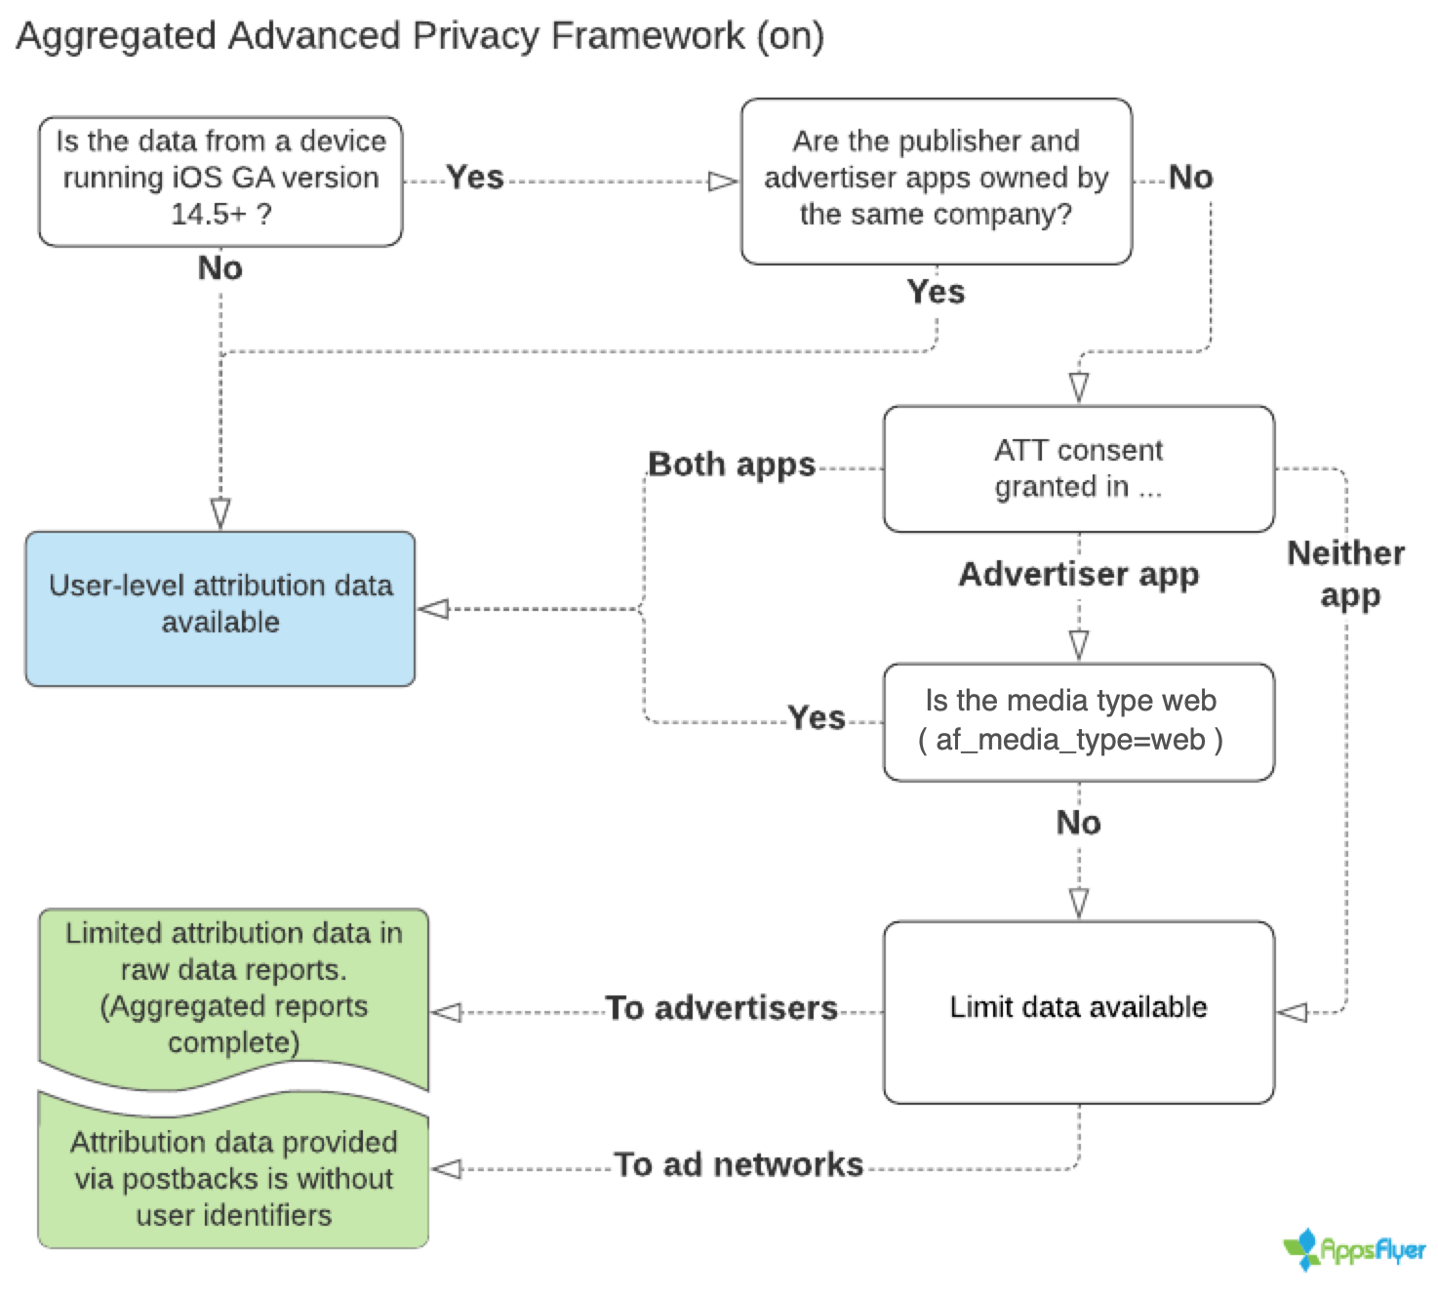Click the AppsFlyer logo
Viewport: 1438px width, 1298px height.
[x=1354, y=1250]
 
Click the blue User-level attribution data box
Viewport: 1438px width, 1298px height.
[x=220, y=608]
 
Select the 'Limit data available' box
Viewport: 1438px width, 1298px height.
[x=1078, y=1011]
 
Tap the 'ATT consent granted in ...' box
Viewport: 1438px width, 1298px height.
[x=1078, y=468]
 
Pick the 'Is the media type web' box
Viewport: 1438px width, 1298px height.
[x=1078, y=721]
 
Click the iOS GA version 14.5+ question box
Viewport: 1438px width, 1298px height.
[x=220, y=181]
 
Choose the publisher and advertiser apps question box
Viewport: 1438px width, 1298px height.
[x=936, y=181]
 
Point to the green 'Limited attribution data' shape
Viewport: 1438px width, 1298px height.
[x=234, y=991]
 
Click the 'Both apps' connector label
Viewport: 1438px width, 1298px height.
[x=732, y=465]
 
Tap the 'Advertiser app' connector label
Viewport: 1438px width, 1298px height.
[x=1078, y=574]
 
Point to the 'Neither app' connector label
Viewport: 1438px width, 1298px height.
[x=1346, y=574]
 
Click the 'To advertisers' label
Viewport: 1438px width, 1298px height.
[x=721, y=1008]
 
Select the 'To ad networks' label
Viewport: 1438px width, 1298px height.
[x=739, y=1164]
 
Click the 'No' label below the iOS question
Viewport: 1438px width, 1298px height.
[x=220, y=268]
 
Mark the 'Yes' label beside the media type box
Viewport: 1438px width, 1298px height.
[x=817, y=718]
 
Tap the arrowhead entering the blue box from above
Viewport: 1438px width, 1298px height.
[x=220, y=513]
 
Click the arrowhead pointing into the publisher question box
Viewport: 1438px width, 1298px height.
[x=723, y=182]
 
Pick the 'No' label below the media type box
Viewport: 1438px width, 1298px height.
[x=1078, y=824]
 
